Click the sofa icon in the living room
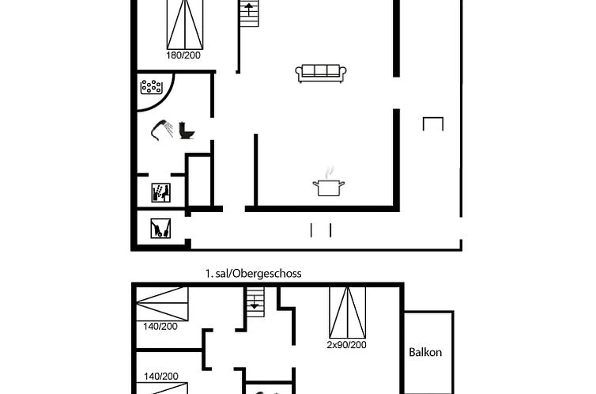[x=321, y=73]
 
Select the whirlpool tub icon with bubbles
[x=151, y=87]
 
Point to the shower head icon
[x=162, y=130]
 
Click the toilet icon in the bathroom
[x=187, y=131]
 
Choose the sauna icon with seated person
[x=160, y=192]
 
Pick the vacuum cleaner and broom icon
[x=160, y=228]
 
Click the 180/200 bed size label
[x=183, y=55]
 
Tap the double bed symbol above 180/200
[x=185, y=25]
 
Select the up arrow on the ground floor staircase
[x=249, y=9]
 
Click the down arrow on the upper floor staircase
[x=255, y=303]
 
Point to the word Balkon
[x=425, y=352]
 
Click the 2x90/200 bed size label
[x=347, y=345]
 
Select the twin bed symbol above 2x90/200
[x=348, y=313]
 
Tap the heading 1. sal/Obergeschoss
[x=254, y=274]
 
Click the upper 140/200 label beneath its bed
[x=160, y=326]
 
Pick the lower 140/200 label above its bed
[x=161, y=377]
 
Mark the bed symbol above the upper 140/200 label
[x=162, y=304]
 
